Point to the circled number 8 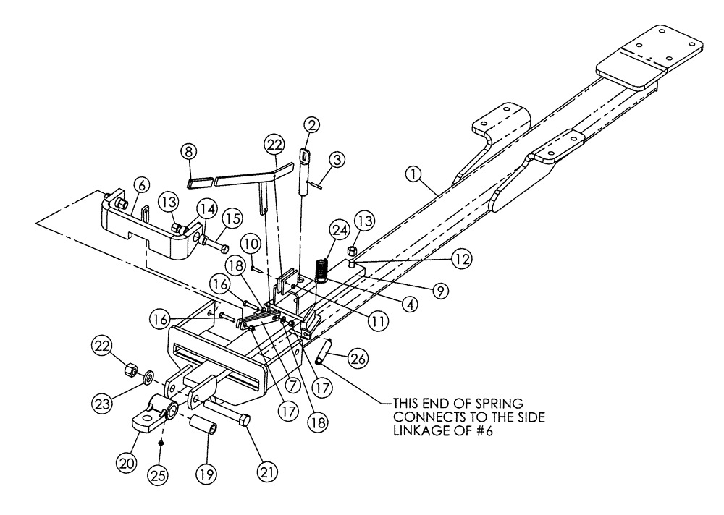[189, 152]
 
